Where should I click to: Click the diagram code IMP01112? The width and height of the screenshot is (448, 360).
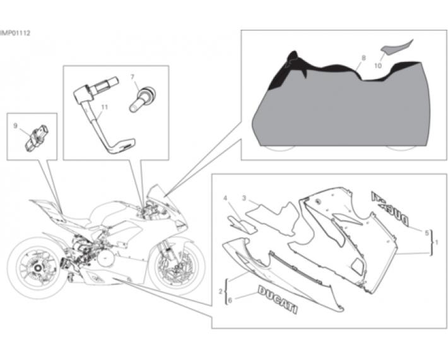pos(15,33)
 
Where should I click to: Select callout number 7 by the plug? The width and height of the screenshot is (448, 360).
pos(133,77)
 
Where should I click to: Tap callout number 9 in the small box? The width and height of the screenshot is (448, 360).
pos(15,126)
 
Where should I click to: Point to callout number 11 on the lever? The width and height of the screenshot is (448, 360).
pos(105,107)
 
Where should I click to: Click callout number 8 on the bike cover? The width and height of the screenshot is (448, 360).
pos(363,58)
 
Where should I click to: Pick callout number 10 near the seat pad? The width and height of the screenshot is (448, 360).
pos(378,66)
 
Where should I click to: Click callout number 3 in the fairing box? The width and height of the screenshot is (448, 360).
pos(244,198)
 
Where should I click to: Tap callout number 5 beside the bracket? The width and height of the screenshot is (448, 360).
pos(427,233)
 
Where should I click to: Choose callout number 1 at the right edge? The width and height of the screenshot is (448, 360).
pos(436,242)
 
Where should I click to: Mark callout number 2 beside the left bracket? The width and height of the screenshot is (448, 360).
pos(220,292)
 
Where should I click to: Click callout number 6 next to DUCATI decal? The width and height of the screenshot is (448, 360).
pos(230,300)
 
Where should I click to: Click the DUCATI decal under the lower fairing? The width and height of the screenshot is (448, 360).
pos(278,299)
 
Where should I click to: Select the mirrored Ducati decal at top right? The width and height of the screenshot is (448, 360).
pos(390,208)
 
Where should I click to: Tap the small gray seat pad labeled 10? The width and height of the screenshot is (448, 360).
pos(398,45)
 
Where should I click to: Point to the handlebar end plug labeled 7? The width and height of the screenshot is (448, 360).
pos(142,99)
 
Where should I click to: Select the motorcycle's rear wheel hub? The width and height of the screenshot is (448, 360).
pos(38,268)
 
